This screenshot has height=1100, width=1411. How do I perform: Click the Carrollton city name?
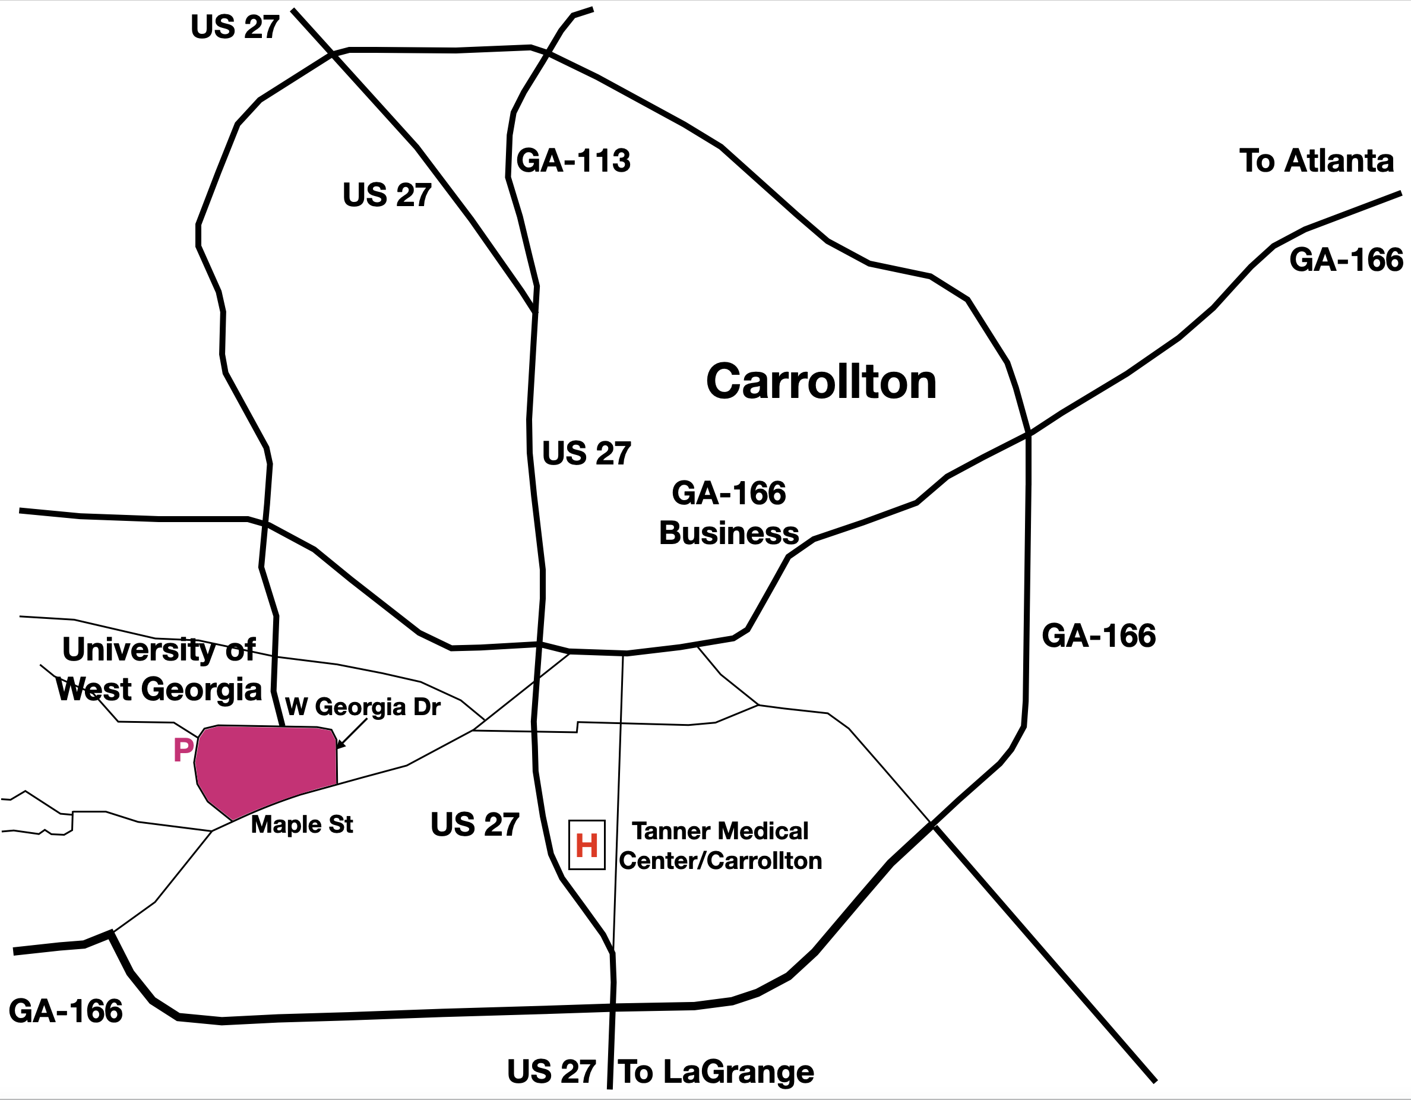tap(821, 381)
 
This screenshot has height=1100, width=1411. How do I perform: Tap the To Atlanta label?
tap(1316, 160)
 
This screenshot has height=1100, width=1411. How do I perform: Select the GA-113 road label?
tap(573, 160)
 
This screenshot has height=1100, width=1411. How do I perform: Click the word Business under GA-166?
tap(729, 533)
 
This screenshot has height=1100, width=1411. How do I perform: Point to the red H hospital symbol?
tap(587, 845)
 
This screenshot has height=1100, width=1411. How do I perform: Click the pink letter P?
tap(184, 750)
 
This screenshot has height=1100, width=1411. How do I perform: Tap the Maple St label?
tap(302, 824)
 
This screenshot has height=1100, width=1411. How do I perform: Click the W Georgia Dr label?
tap(362, 707)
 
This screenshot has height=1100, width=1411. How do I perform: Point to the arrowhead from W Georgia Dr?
tap(340, 746)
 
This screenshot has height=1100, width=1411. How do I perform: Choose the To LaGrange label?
tap(716, 1072)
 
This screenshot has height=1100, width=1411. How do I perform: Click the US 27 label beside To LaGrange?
tap(551, 1072)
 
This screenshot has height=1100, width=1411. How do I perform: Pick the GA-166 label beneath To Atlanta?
tap(1346, 260)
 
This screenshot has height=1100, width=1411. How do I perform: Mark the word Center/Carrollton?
tap(720, 861)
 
